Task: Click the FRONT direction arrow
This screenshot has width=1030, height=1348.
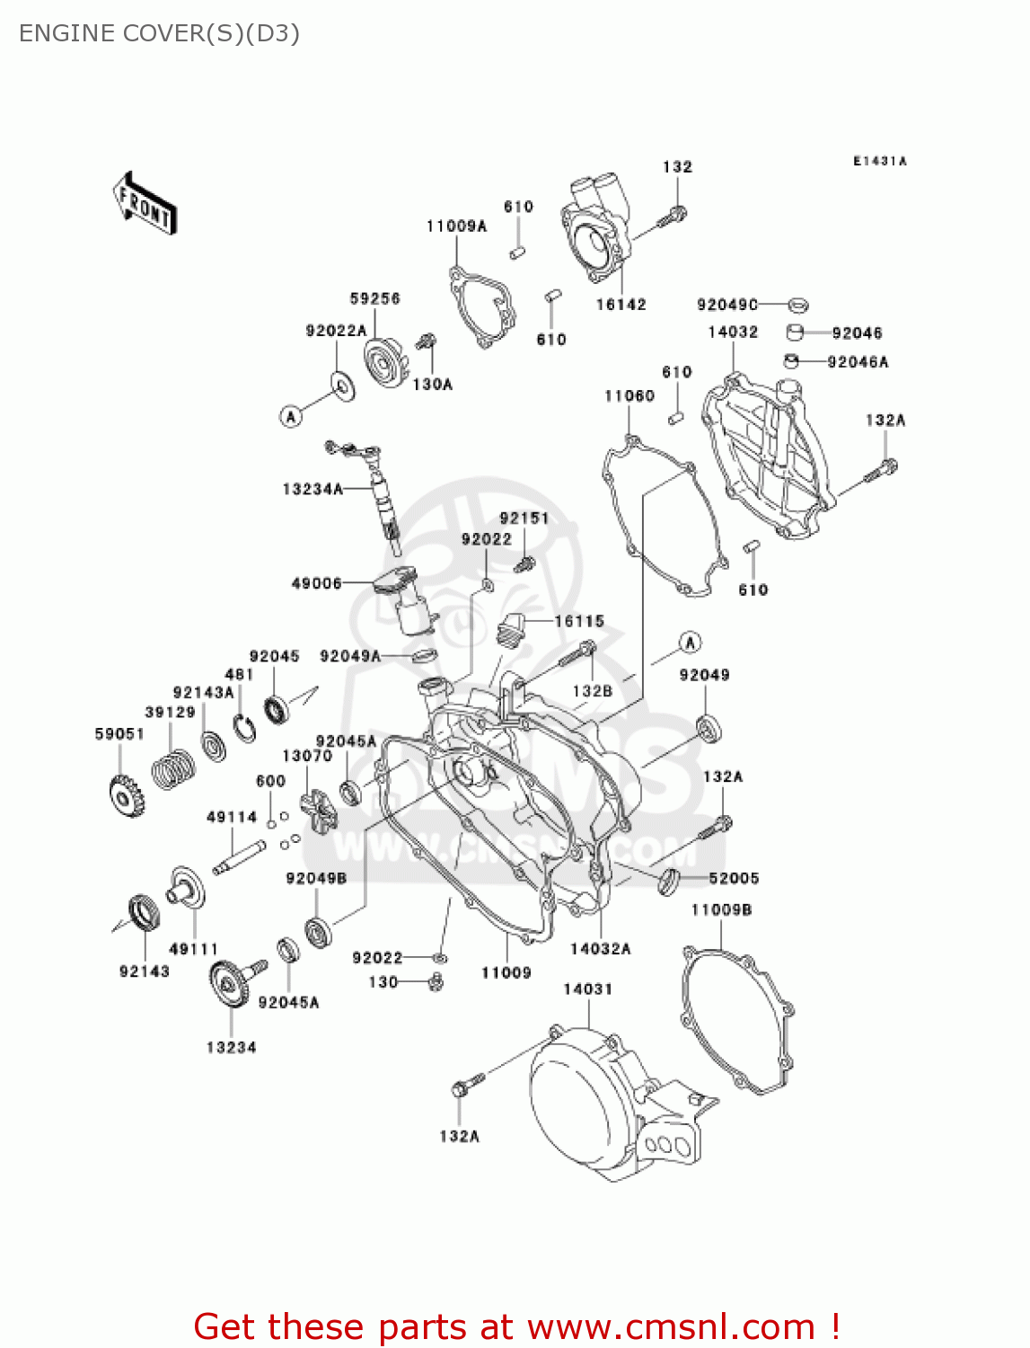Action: [145, 204]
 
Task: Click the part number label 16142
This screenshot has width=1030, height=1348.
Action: [621, 305]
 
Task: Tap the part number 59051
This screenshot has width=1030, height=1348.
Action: [119, 734]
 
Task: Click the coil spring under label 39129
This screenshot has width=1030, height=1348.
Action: [172, 769]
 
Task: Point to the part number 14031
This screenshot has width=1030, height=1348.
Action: [587, 989]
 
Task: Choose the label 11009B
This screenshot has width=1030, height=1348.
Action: [721, 909]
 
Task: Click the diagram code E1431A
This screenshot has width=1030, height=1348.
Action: [879, 161]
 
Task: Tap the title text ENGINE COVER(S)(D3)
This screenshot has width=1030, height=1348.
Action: [159, 33]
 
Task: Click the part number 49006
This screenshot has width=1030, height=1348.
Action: [316, 583]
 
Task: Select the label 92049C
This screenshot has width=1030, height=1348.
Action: [727, 305]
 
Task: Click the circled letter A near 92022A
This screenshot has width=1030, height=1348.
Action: [290, 416]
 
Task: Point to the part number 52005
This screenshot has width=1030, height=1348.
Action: [734, 878]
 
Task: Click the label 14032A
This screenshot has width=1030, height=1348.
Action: [600, 948]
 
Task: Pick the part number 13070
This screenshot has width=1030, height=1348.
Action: [307, 756]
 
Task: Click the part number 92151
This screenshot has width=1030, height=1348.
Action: [524, 519]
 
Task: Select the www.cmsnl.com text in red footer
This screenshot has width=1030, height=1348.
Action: [670, 1326]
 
